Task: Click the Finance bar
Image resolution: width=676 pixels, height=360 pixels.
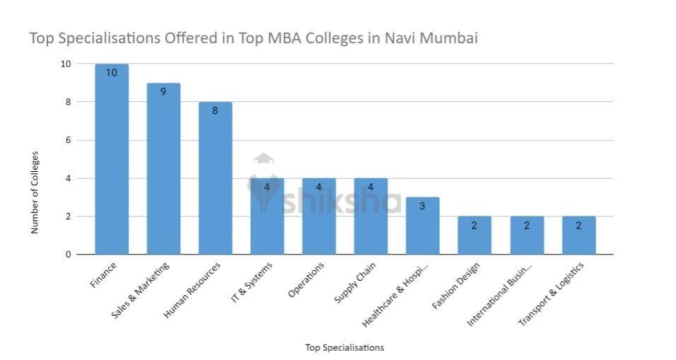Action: tap(112, 159)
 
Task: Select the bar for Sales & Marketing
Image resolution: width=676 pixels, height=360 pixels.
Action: tap(163, 170)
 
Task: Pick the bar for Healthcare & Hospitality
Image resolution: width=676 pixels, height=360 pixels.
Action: tap(422, 226)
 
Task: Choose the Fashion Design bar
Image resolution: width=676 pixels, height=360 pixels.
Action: tap(474, 236)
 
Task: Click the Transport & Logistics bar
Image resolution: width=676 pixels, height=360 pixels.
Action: tap(578, 236)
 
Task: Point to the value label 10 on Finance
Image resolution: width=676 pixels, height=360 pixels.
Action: tap(112, 72)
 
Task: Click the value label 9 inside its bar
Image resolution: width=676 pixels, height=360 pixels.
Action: tap(163, 91)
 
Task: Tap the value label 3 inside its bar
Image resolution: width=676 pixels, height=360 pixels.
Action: tap(422, 206)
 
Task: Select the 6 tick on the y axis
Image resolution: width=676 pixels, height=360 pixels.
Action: tap(67, 140)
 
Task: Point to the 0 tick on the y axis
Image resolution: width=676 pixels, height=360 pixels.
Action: tap(67, 255)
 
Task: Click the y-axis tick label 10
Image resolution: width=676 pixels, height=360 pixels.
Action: tap(65, 64)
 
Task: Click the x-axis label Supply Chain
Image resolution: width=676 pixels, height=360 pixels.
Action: tap(355, 283)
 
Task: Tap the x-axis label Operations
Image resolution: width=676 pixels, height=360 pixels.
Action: tap(306, 280)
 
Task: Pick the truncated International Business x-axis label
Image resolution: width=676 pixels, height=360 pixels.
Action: tap(501, 295)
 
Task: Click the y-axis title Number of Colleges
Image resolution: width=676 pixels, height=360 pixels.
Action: tap(35, 192)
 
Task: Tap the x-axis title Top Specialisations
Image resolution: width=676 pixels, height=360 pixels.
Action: tap(344, 348)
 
